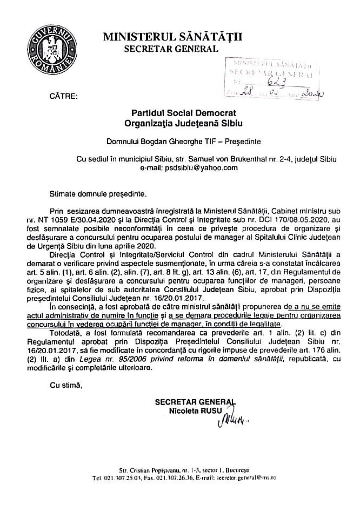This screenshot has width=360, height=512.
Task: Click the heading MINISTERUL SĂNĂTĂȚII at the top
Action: (177, 36)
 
